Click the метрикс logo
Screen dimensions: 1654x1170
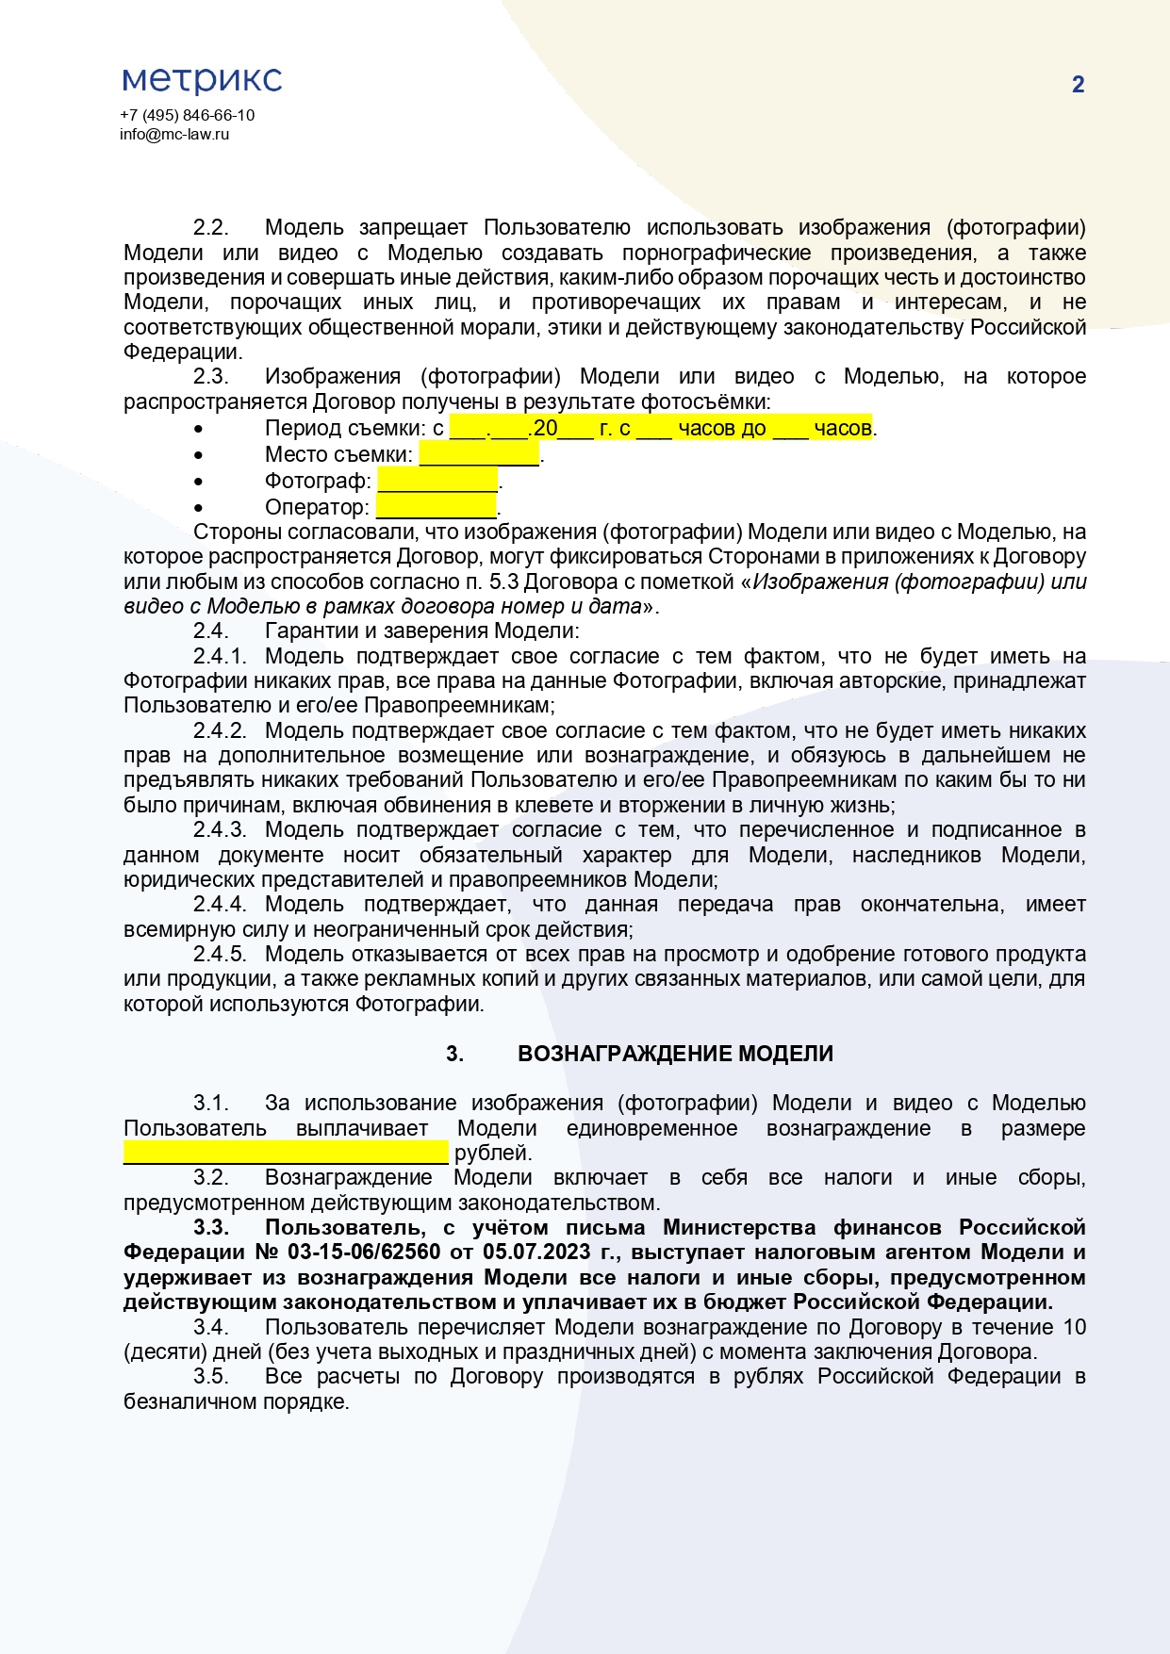(202, 80)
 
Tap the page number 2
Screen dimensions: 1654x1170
(1078, 85)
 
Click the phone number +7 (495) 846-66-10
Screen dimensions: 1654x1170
(187, 115)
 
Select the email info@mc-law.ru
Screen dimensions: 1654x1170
(174, 134)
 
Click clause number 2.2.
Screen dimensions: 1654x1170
(210, 228)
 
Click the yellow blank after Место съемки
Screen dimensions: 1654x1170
(479, 454)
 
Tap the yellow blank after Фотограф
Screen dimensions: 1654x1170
(437, 481)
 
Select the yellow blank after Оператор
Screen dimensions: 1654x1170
(436, 507)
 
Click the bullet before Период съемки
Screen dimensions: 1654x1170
(198, 429)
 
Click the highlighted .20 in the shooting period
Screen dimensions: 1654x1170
(544, 428)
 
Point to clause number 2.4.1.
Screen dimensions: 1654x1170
(219, 656)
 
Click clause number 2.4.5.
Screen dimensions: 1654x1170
(219, 954)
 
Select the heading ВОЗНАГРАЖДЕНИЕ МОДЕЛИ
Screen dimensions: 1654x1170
(675, 1054)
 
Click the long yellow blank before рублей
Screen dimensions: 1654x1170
(286, 1153)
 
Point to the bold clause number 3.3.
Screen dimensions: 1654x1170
(211, 1227)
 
